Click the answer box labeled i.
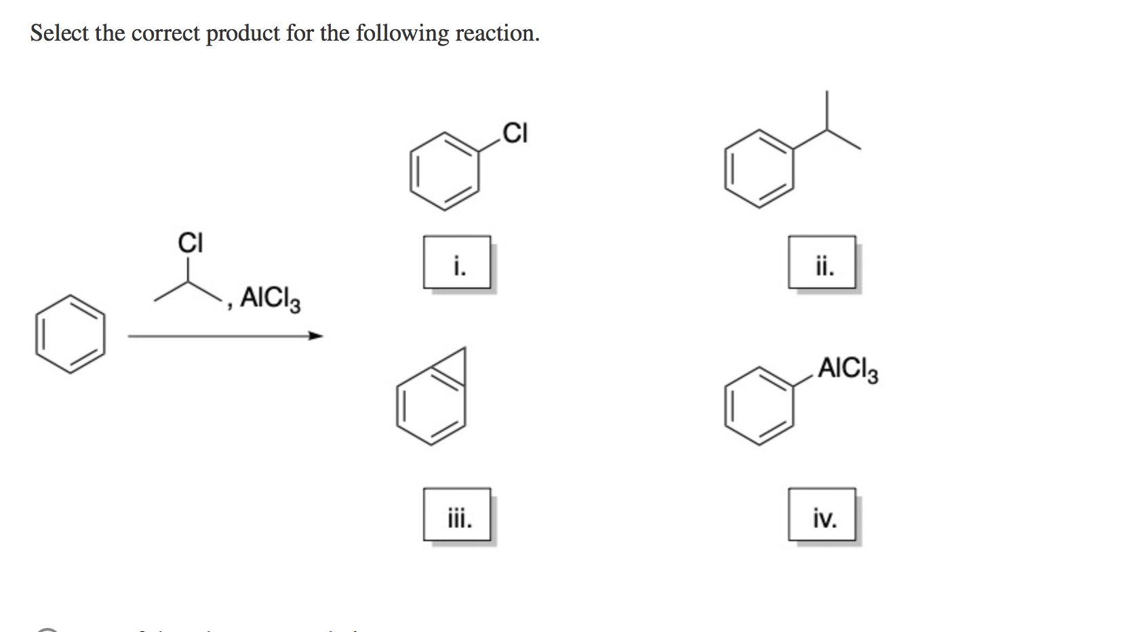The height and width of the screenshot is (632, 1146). tap(457, 262)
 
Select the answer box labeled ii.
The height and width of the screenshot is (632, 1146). tap(822, 262)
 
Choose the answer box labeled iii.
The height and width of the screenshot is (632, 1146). tap(457, 514)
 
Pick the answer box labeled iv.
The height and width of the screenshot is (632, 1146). tap(822, 514)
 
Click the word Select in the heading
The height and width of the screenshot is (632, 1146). tap(60, 33)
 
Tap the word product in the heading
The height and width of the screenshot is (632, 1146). tap(242, 33)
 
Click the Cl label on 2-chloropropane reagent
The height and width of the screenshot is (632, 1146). tap(190, 242)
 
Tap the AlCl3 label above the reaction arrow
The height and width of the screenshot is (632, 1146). tap(270, 298)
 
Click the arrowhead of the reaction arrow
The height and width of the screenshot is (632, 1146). tap(315, 335)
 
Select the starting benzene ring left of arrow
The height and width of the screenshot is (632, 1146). tap(71, 334)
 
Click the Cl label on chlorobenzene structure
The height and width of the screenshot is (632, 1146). tap(515, 133)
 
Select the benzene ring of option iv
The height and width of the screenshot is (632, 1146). tap(759, 406)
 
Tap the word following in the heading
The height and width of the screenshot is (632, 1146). tap(402, 33)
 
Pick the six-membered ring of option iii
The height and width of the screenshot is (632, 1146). tap(431, 409)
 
